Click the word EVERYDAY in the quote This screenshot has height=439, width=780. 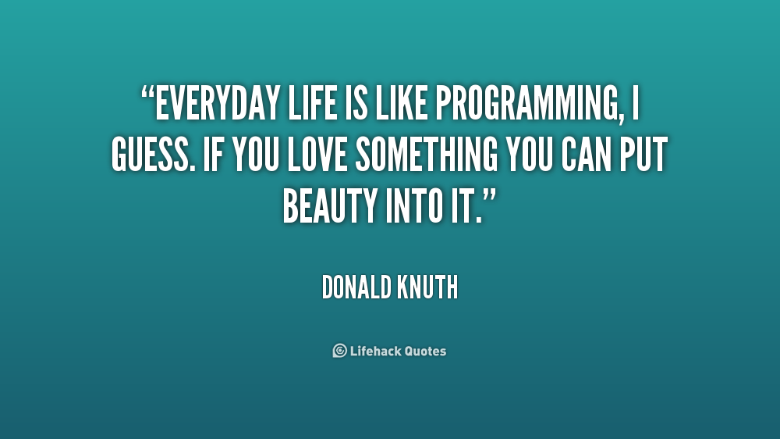218,104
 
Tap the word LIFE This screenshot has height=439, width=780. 313,104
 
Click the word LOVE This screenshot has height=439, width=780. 317,155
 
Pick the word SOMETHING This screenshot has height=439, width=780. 427,155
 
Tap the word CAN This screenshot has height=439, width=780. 586,155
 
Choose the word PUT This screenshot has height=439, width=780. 643,155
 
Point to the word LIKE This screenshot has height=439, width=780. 402,104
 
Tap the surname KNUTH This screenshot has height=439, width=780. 427,287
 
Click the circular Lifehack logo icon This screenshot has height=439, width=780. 340,351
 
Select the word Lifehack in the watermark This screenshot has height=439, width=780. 375,351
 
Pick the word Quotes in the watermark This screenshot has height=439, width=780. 425,352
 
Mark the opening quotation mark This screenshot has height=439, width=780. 147,93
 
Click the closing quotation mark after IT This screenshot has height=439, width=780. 490,196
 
